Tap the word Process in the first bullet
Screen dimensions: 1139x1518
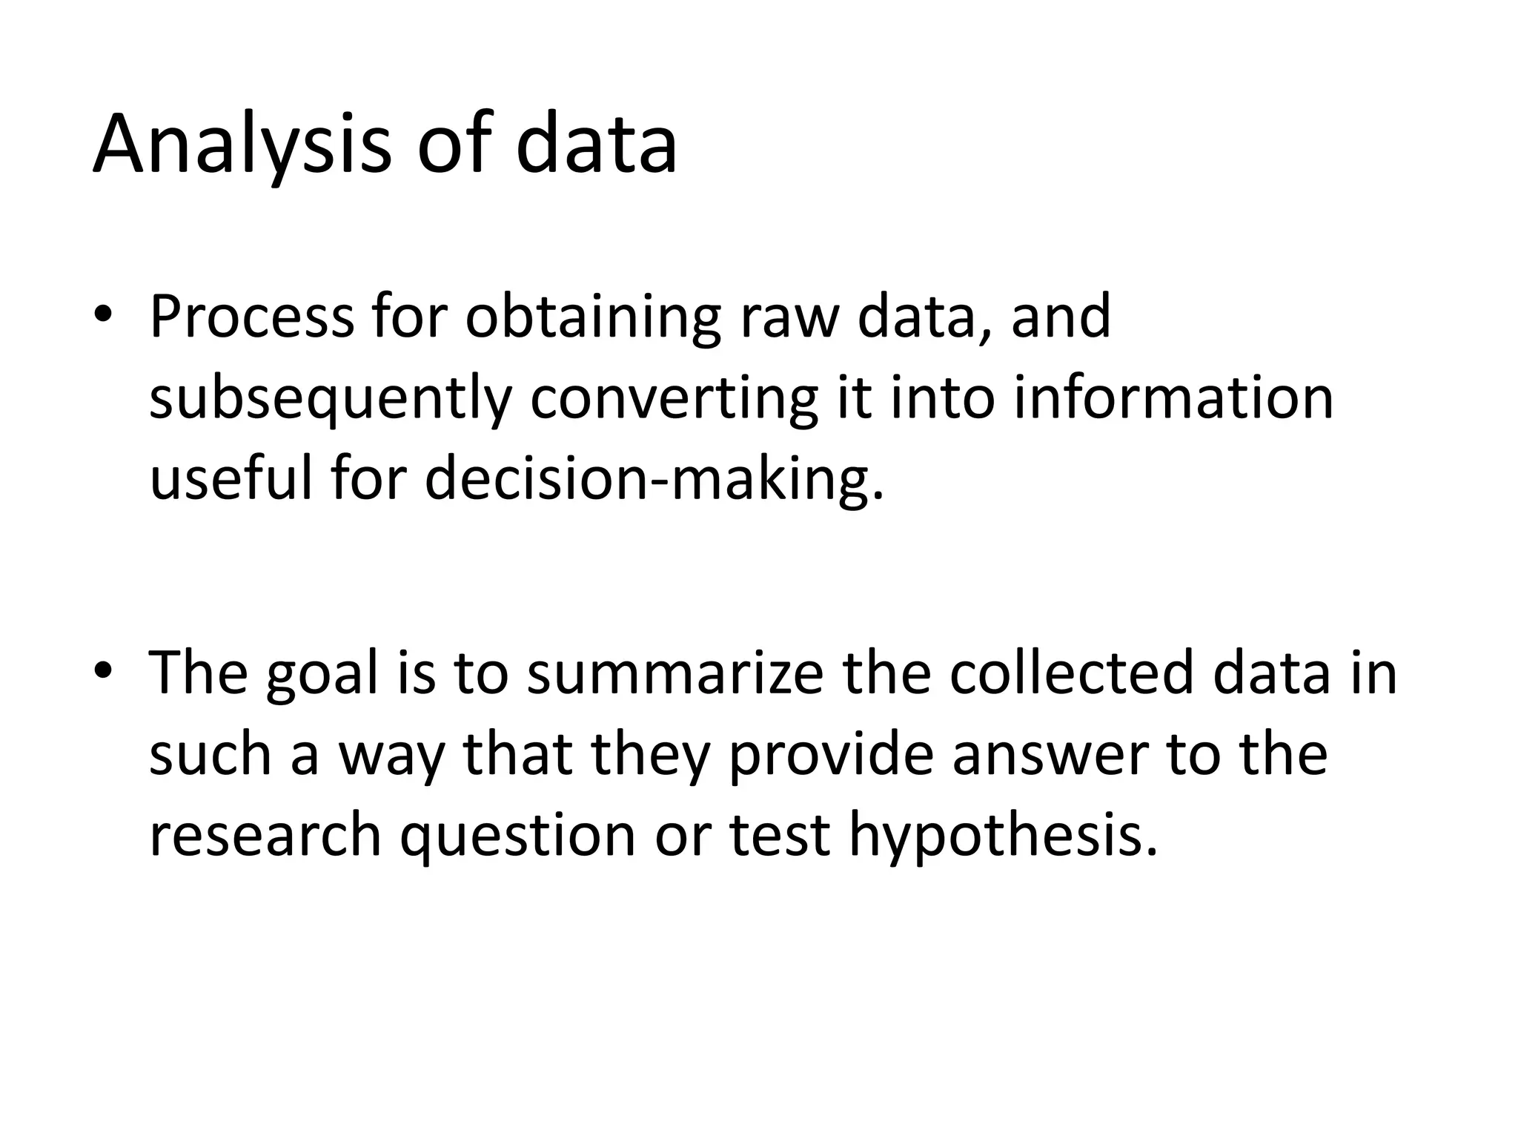tap(252, 317)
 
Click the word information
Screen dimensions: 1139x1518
tap(1173, 398)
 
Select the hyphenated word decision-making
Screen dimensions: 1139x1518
tap(654, 480)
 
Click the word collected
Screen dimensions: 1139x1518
tap(1071, 673)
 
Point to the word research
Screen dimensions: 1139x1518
tap(265, 834)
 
